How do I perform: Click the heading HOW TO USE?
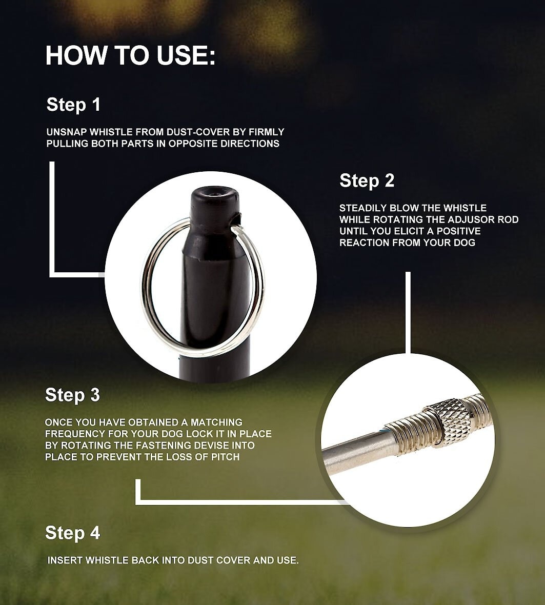point(130,55)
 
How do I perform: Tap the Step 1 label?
point(73,105)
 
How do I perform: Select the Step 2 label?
point(367,180)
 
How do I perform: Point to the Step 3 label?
point(72,395)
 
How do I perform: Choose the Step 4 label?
point(72,533)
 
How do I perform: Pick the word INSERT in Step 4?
point(65,560)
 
